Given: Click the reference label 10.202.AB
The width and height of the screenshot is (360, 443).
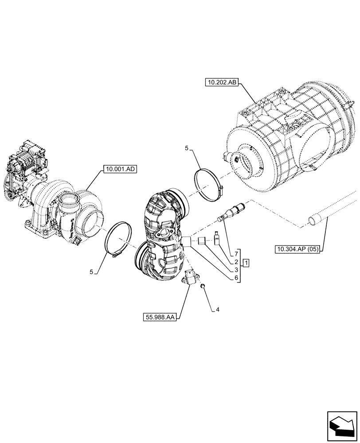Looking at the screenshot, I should click(221, 82).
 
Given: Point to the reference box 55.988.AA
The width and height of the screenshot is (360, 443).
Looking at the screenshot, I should click(159, 317).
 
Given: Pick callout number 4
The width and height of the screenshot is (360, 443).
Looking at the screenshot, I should click(218, 310).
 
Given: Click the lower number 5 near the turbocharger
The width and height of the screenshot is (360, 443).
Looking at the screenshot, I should click(92, 272).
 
